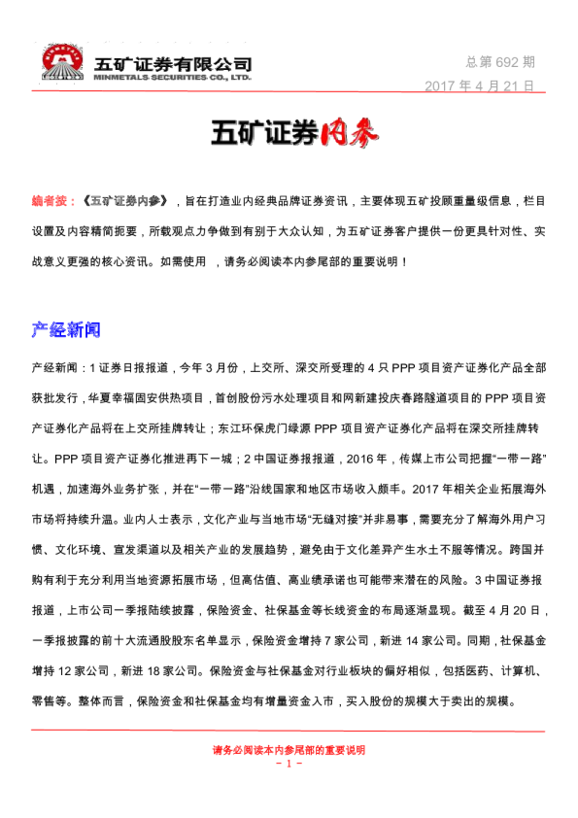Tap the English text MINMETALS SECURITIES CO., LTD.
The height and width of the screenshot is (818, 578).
point(173,77)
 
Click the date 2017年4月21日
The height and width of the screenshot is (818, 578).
point(480,85)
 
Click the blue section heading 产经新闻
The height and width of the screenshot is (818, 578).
point(66,329)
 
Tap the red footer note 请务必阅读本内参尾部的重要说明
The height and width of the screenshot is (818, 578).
point(289,750)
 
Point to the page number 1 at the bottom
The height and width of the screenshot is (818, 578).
point(289,764)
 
